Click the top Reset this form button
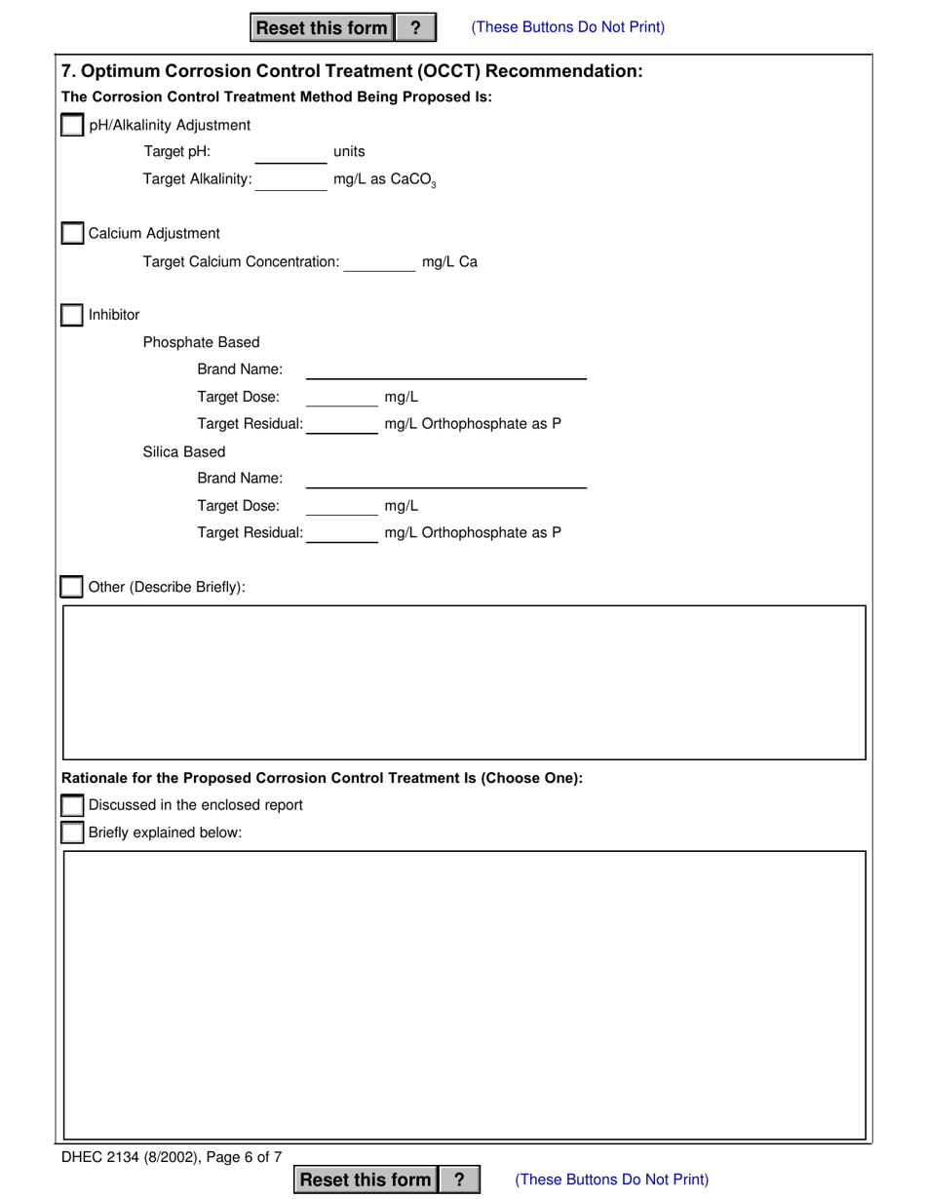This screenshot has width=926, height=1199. pos(322,27)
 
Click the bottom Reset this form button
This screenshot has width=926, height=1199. pos(366,1180)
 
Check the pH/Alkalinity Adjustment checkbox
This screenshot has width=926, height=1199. pos(72,126)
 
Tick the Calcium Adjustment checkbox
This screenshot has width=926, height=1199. pos(72,234)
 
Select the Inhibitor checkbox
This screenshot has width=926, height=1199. pos(72,316)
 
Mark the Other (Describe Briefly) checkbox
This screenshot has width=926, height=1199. pos(72,587)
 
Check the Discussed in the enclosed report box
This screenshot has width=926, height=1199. pos(72,805)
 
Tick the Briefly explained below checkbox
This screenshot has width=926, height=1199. pos(72,832)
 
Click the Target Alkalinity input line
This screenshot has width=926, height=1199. pos(290,180)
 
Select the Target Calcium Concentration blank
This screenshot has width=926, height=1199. pos(379,262)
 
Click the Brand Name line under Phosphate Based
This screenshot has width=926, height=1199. pos(445,370)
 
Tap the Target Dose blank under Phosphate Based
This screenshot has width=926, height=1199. pos(341,398)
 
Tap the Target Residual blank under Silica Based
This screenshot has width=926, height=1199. pos(341,533)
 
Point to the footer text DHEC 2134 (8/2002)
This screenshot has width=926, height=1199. pos(132,1158)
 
